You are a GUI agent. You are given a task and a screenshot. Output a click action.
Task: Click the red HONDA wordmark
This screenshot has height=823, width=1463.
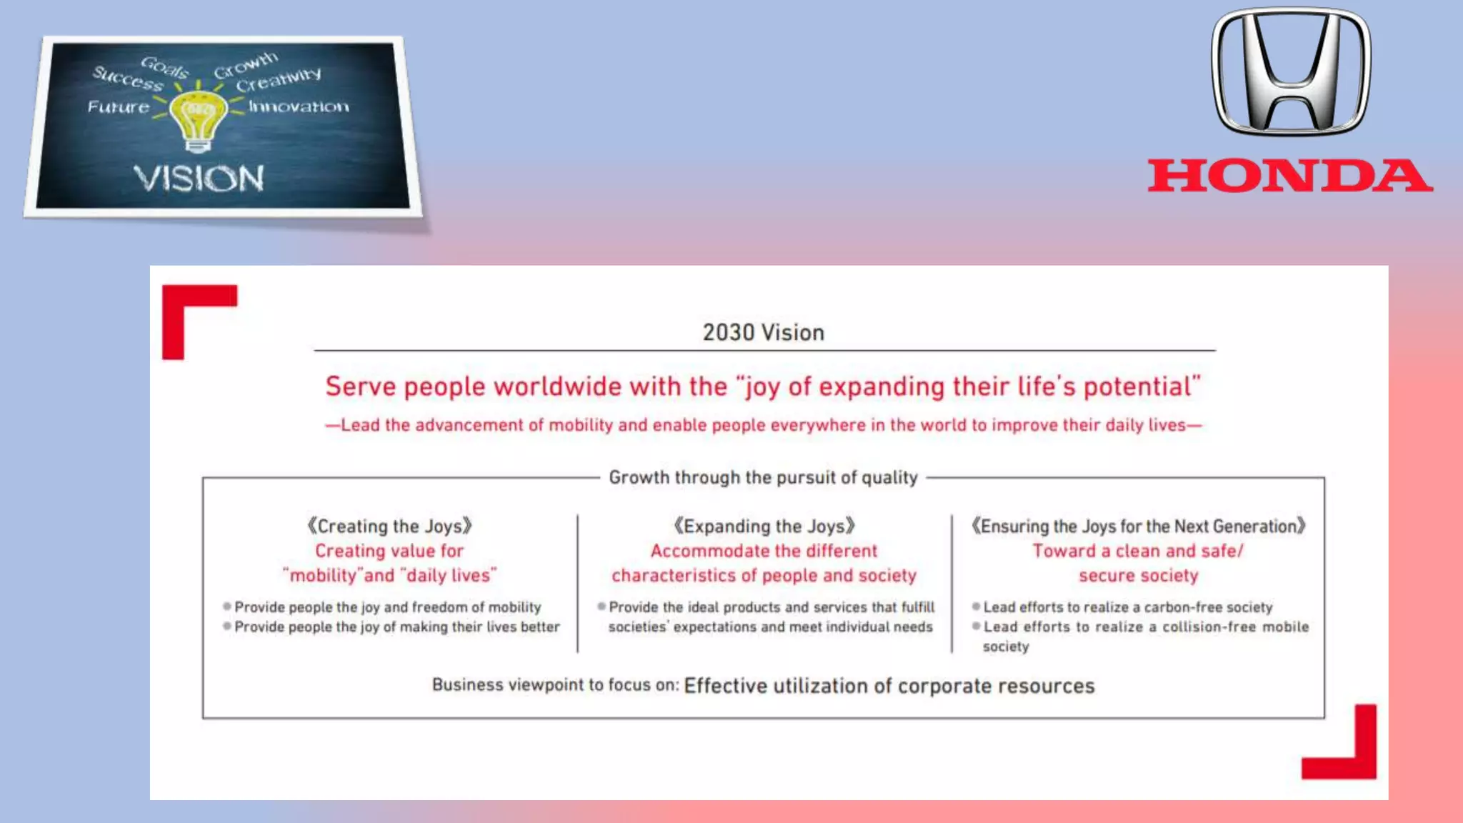click(x=1290, y=176)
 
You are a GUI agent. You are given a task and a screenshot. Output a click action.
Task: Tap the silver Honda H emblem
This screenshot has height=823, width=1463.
click(x=1291, y=71)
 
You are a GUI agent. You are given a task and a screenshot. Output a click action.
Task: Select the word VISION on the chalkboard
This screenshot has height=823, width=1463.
click(x=199, y=179)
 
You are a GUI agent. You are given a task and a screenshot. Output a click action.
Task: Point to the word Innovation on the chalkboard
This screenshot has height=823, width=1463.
click(x=299, y=107)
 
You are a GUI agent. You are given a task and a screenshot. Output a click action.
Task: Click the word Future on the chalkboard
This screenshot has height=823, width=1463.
click(x=119, y=107)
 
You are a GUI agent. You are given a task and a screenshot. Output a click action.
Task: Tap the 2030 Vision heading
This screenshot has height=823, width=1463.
click(x=763, y=333)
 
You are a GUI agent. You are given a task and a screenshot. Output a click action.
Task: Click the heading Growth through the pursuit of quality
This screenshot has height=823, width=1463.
click(x=763, y=477)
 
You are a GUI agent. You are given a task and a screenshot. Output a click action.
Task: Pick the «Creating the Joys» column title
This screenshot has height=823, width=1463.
click(x=389, y=527)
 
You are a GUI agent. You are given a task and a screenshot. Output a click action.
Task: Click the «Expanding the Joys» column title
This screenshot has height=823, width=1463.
click(x=764, y=527)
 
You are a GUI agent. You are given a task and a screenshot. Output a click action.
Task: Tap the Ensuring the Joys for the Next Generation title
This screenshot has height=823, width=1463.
click(x=1138, y=527)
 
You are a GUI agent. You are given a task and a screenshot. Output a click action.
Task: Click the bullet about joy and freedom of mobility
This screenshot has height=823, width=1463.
click(x=387, y=607)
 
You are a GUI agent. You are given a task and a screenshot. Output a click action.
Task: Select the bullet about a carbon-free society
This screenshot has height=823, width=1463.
click(x=1127, y=607)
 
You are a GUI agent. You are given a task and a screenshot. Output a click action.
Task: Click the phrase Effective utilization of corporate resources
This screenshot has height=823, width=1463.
click(x=889, y=686)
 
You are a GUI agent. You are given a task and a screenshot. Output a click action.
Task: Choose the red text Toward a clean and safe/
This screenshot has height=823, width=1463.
click(x=1138, y=551)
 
